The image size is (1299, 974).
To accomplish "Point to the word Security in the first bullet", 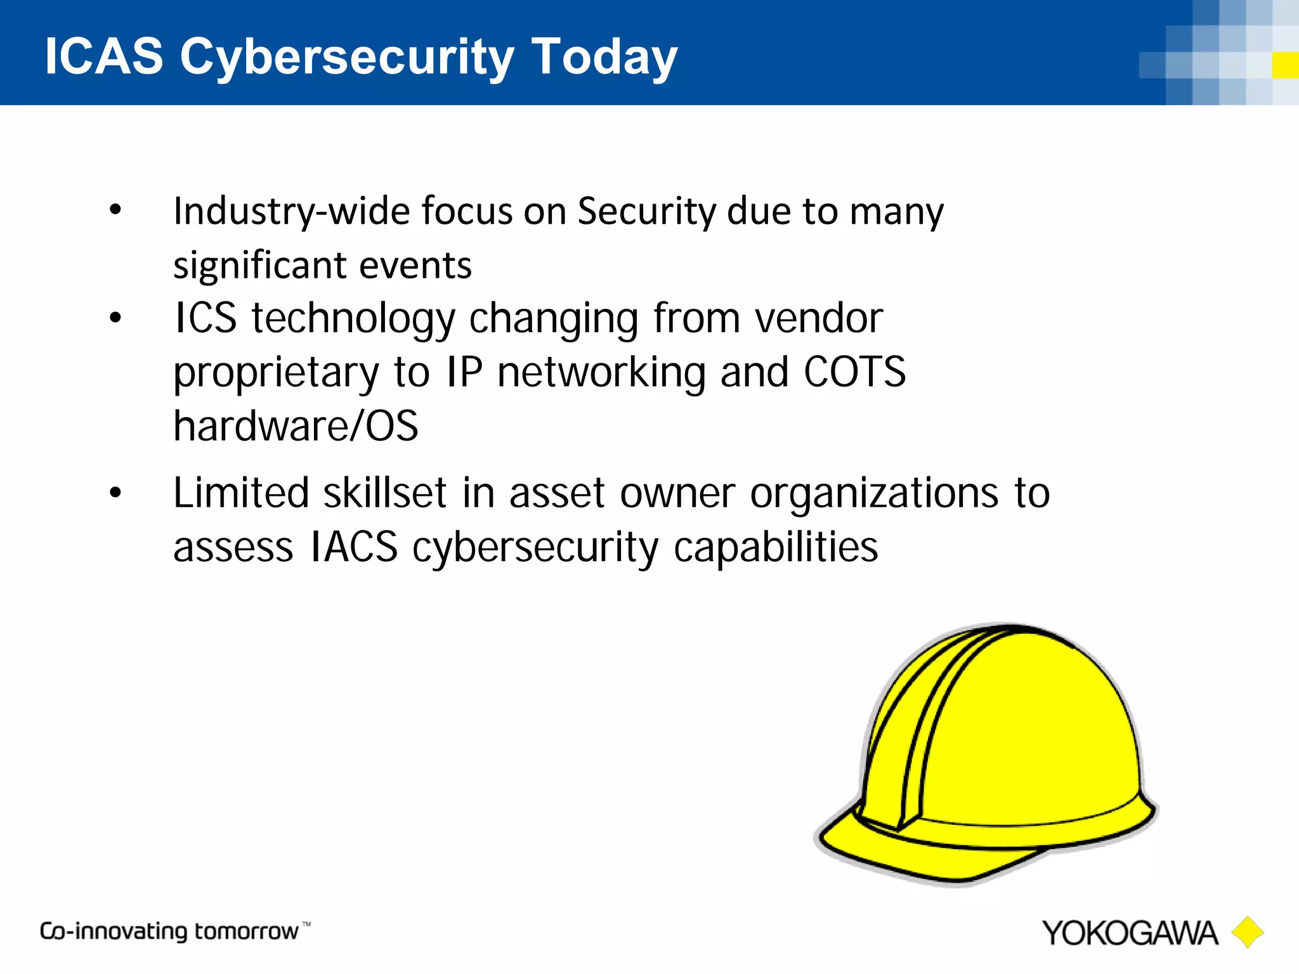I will tap(646, 212).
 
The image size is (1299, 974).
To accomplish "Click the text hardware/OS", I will tap(296, 425).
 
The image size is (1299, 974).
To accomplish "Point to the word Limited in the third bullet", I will tap(241, 493).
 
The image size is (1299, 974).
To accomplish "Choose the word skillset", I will tap(385, 493).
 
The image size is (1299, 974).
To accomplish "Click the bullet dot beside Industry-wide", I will tap(115, 210).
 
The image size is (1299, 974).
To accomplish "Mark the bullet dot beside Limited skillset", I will tap(115, 492).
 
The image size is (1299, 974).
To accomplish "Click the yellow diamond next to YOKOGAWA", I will tap(1248, 932).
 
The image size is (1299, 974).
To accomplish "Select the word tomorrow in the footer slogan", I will tap(246, 932).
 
